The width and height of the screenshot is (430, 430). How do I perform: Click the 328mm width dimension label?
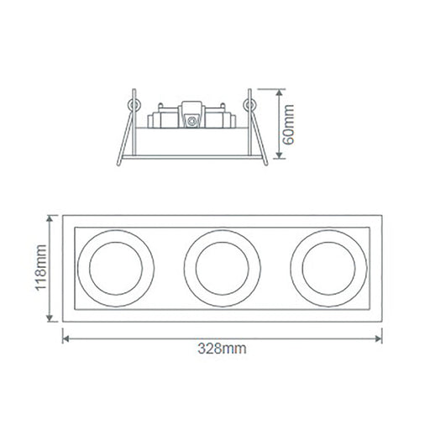click(x=222, y=349)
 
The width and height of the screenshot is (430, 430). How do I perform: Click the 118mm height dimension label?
click(x=41, y=268)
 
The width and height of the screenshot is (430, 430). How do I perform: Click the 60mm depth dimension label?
click(x=288, y=124)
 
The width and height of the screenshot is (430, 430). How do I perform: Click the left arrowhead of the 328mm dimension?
click(x=66, y=339)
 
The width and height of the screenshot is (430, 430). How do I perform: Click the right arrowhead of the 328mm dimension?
click(x=379, y=339)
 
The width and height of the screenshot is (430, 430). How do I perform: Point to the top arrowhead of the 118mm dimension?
click(x=50, y=219)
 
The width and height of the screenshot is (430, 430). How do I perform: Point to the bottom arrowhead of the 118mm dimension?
click(x=50, y=318)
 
